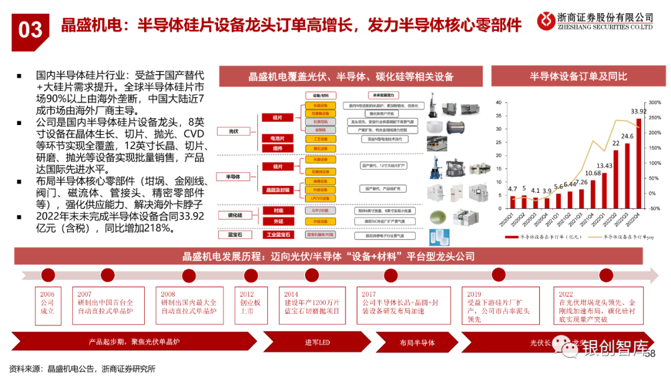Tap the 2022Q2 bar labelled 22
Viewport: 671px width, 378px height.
point(616,178)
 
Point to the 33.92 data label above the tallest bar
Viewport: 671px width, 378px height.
point(638,111)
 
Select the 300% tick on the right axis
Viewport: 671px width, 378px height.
point(655,102)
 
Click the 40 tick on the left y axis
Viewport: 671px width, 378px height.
point(498,102)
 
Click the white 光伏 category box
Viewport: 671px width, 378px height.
point(234,132)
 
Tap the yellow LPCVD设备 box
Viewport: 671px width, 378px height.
point(321,198)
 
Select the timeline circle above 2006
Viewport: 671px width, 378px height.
point(47,275)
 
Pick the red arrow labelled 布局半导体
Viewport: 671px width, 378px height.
point(417,343)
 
